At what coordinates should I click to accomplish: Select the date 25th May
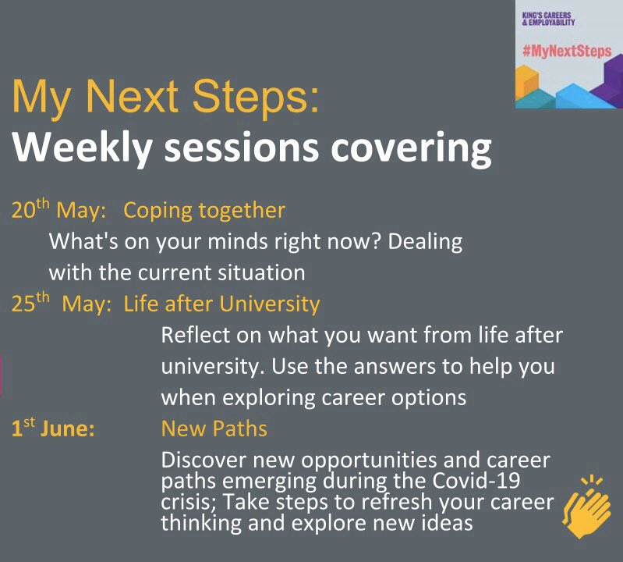click(59, 304)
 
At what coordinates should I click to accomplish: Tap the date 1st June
click(53, 429)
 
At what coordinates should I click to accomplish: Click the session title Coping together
click(204, 211)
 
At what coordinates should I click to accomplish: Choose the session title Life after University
click(221, 304)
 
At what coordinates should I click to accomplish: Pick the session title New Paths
click(214, 429)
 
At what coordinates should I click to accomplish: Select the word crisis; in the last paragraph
click(189, 500)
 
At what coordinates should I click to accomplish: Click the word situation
click(260, 273)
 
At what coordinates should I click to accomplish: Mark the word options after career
click(423, 397)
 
